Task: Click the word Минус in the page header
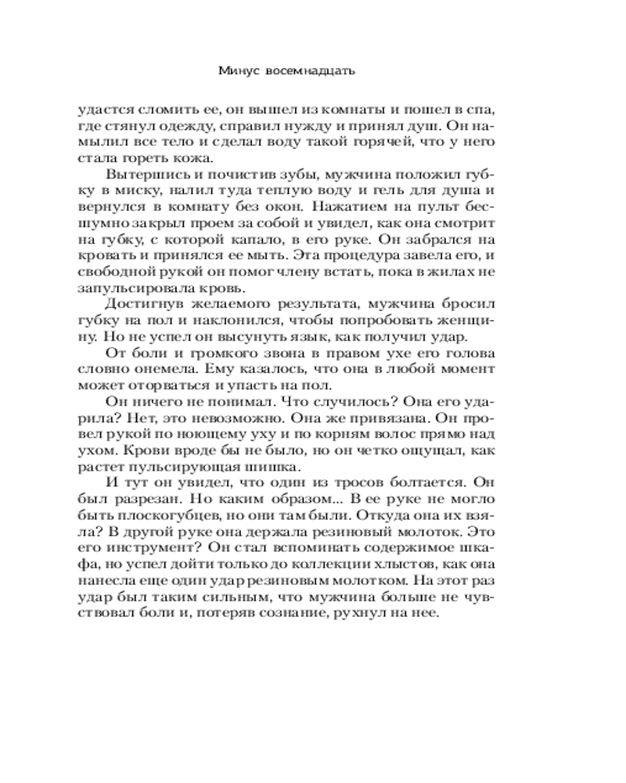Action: [x=235, y=71]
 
